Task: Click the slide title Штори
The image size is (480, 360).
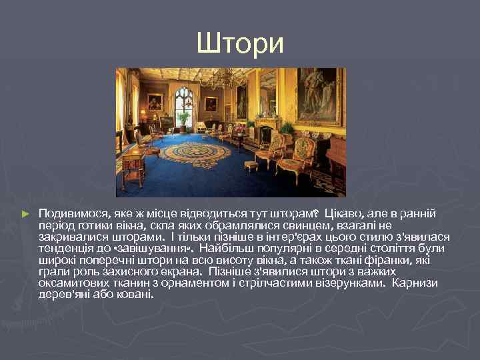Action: (240, 43)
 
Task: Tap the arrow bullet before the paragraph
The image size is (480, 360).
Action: (26, 213)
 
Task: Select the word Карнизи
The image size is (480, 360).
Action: (415, 283)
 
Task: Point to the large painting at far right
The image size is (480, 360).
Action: (319, 97)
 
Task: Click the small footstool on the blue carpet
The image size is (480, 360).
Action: (251, 165)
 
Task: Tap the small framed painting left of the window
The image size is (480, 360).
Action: (155, 102)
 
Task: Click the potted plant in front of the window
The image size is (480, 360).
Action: (183, 120)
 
